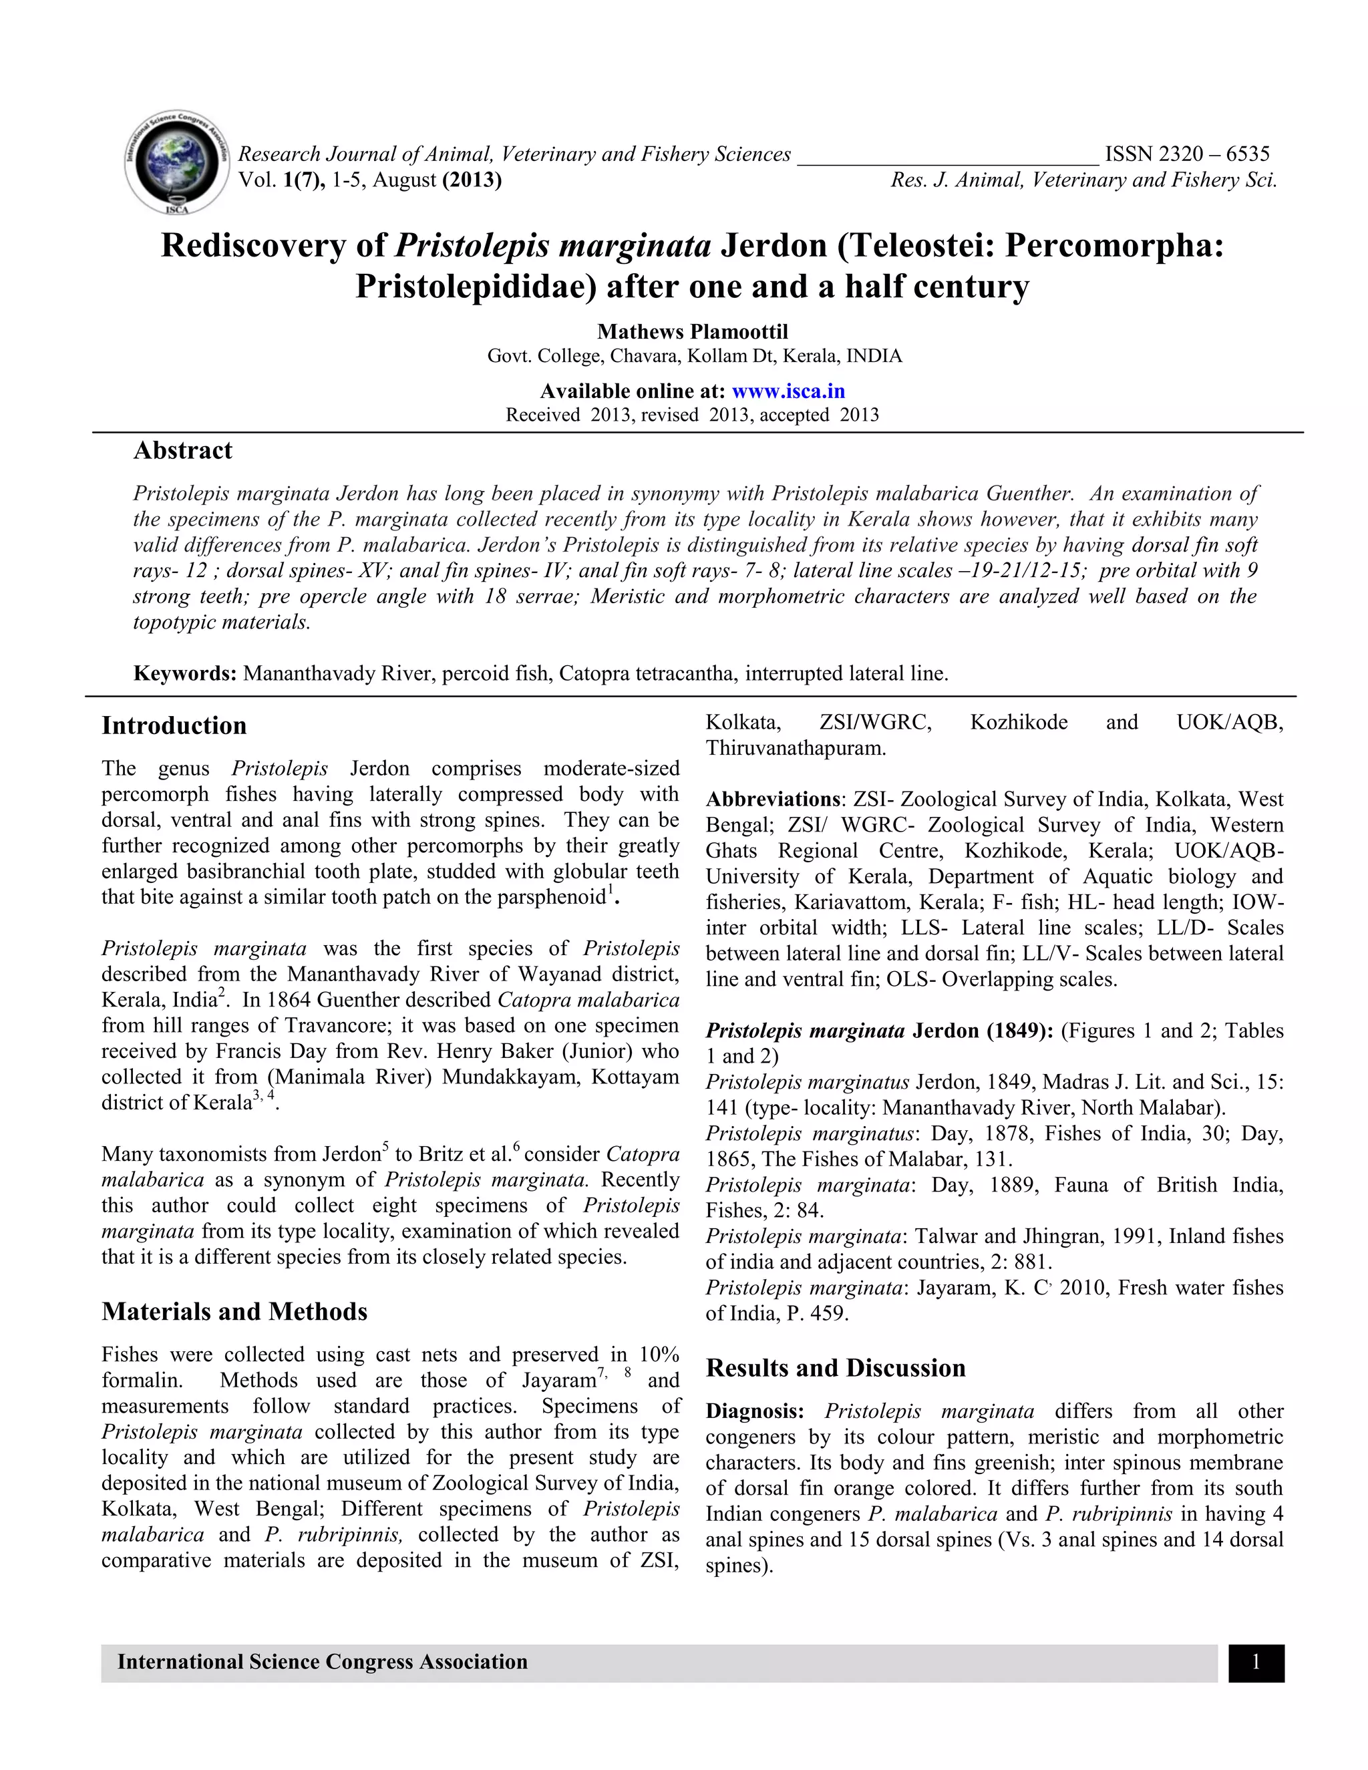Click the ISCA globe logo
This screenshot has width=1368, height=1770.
click(x=176, y=164)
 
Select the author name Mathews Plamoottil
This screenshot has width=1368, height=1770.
click(x=692, y=331)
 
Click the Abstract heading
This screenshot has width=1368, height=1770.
click(x=182, y=451)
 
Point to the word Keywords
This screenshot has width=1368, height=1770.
click(x=184, y=673)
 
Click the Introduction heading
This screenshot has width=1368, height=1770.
click(x=174, y=725)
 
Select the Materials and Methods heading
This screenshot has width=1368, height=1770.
click(x=234, y=1311)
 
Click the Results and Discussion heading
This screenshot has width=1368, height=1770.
click(x=835, y=1368)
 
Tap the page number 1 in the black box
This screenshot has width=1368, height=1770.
click(x=1255, y=1663)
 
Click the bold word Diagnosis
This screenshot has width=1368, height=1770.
click(x=753, y=1411)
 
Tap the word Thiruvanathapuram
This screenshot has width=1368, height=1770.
click(x=795, y=748)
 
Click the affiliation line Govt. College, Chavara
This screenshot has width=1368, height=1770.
click(x=694, y=356)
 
